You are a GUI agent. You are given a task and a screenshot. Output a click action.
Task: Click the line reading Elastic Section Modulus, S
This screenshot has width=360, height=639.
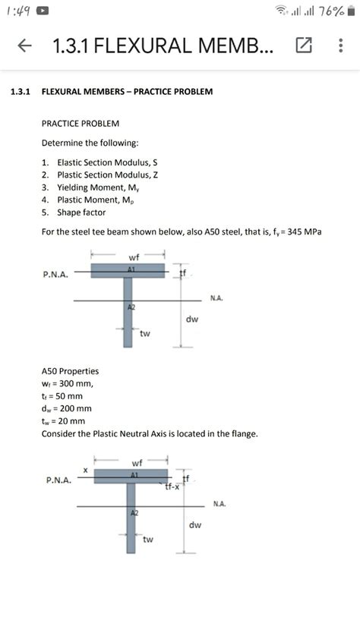tap(106, 162)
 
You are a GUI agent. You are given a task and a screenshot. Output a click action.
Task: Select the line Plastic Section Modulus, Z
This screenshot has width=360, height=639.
tap(107, 175)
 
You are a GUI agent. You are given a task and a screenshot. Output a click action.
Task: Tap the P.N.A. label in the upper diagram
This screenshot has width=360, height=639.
tap(55, 275)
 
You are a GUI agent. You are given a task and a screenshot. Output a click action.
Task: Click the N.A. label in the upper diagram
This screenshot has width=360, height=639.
tap(216, 299)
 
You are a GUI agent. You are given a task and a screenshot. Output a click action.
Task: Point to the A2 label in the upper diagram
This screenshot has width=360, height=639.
tap(131, 307)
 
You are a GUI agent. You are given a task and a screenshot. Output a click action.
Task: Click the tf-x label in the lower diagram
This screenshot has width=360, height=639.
tap(172, 487)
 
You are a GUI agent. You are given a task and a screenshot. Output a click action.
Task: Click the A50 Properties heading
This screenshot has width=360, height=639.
tap(70, 371)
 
